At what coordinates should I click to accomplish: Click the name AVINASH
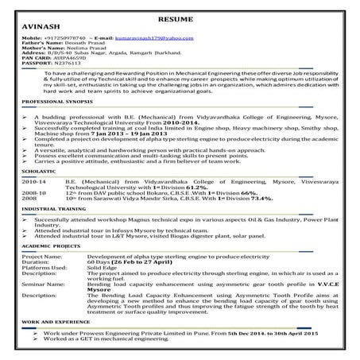coord(35,26)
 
